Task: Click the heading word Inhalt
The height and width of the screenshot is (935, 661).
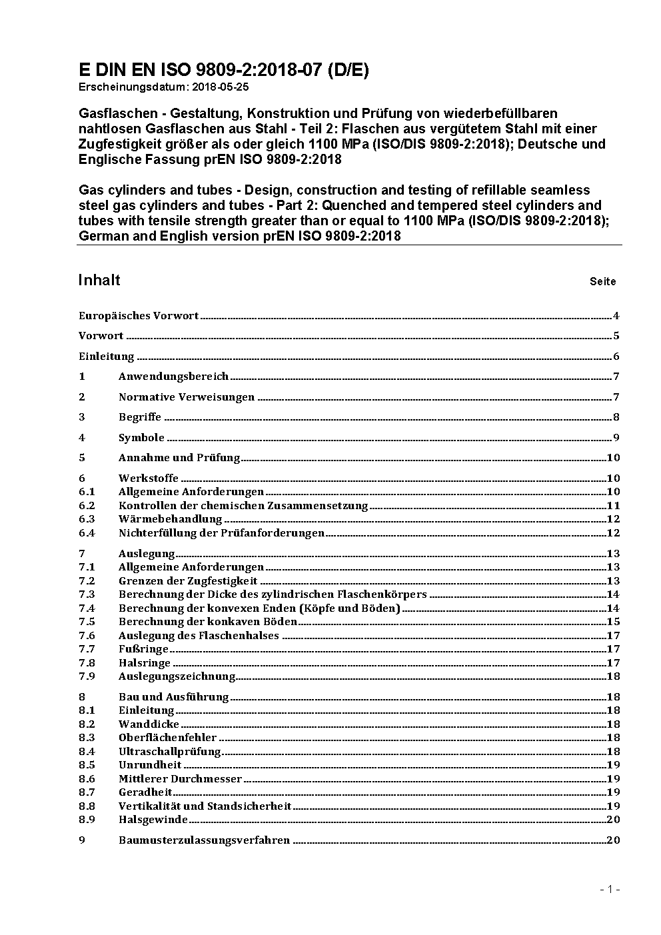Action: point(99,280)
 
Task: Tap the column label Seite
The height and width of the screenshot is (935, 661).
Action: point(602,282)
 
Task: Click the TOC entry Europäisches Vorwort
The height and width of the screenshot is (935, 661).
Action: point(139,316)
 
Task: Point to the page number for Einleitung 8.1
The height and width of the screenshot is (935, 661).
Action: point(613,710)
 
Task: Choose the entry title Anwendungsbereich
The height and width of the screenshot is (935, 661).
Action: point(173,377)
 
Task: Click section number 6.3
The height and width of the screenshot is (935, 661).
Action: point(87,519)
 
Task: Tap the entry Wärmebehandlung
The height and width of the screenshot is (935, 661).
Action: point(170,519)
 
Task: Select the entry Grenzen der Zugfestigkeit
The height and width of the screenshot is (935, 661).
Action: point(188,581)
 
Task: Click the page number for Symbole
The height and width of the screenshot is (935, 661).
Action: point(616,438)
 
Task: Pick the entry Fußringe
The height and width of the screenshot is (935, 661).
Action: point(143,649)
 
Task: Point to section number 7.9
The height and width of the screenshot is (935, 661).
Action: point(87,676)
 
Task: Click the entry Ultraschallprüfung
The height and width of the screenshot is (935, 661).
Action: point(169,752)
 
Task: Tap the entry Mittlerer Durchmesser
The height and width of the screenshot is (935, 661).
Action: point(180,779)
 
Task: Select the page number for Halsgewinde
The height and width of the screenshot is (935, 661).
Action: point(613,820)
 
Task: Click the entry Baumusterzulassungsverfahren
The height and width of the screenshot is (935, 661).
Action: point(204,840)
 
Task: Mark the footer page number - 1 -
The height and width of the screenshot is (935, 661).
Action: point(610,889)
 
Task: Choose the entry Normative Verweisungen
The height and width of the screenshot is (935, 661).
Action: point(187,397)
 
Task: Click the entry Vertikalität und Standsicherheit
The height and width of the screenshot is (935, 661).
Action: point(205,806)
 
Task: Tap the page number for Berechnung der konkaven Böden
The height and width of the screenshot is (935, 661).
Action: point(613,622)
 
